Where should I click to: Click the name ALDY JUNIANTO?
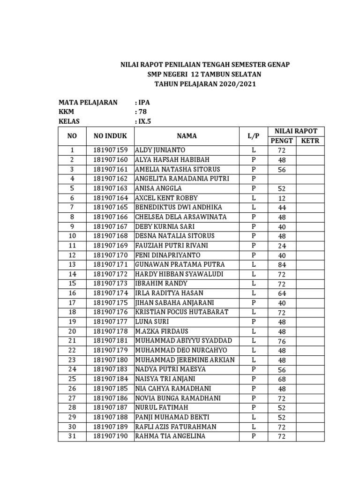tap(160, 150)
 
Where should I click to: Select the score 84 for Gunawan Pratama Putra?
tap(281, 265)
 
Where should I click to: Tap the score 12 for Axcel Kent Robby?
tap(281, 198)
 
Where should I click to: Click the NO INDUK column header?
tap(110, 136)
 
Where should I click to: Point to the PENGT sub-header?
tap(281, 141)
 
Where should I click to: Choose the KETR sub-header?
tap(310, 141)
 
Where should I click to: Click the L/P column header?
tap(253, 136)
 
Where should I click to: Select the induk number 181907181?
tap(110, 341)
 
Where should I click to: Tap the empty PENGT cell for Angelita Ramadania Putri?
tap(281, 179)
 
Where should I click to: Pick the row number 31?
tap(72, 436)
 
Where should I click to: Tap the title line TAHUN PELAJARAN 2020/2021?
tap(205, 84)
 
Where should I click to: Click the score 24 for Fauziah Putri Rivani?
tap(281, 246)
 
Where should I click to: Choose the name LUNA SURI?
tap(152, 322)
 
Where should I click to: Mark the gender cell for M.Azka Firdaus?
tap(253, 331)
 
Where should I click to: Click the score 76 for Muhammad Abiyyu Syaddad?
tap(281, 341)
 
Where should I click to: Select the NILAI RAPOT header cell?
tap(296, 131)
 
